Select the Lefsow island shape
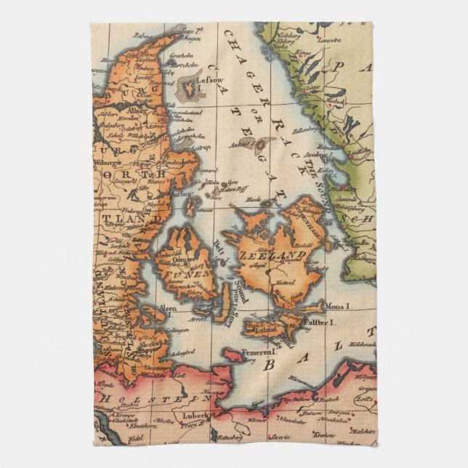pyautogui.click(x=187, y=86)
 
